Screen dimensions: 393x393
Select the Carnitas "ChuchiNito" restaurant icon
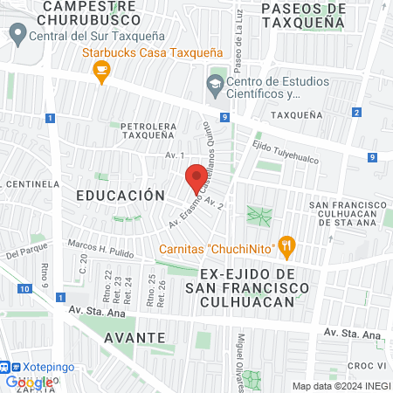tap(285, 246)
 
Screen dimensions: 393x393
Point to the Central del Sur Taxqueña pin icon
tap(16, 35)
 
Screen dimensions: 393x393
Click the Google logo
tap(28, 382)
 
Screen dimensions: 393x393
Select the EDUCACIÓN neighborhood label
tap(120, 196)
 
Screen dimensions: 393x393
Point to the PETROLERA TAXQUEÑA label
tap(150, 131)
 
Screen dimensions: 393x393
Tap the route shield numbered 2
tap(356, 112)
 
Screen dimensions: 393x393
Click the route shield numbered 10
tap(22, 288)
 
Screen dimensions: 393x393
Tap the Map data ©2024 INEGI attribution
tap(341, 386)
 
